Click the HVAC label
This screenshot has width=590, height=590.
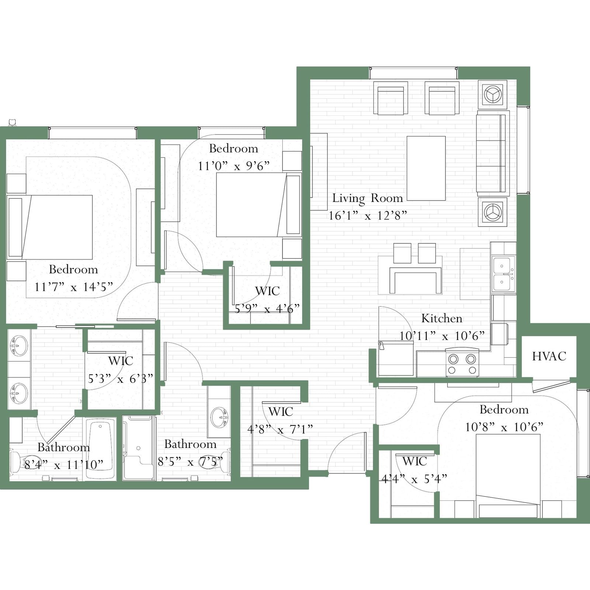(549, 356)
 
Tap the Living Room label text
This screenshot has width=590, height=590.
(368, 198)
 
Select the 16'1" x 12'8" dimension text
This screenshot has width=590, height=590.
(368, 215)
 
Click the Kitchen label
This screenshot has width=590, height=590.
(442, 318)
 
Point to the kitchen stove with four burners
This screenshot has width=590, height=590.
(462, 364)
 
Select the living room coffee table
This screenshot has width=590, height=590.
(426, 169)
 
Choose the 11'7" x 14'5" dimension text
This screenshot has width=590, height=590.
(73, 287)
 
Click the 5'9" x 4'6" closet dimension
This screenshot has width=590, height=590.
(267, 309)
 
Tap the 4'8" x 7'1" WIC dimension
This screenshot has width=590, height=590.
(280, 429)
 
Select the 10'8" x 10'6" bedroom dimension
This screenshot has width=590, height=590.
(504, 427)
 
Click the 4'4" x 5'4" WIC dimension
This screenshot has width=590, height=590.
(414, 479)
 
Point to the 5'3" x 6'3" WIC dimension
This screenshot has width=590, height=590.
(120, 378)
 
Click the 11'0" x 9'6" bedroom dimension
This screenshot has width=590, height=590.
(234, 166)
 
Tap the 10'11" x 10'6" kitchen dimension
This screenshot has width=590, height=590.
(442, 336)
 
